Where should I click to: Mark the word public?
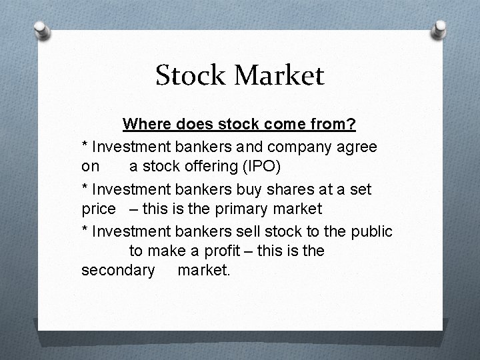[x=372, y=231]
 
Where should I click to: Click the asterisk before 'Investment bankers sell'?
[x=84, y=230]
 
